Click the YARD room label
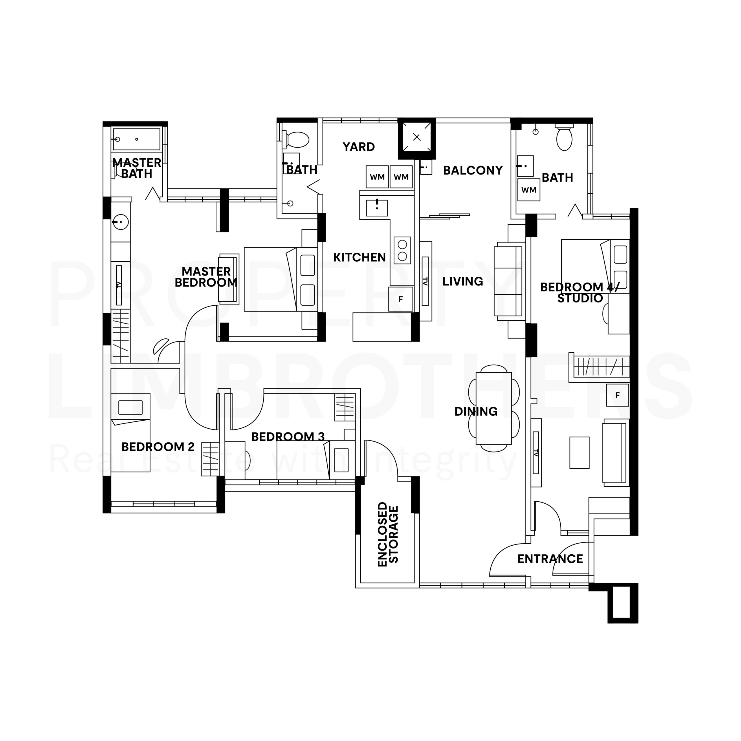click(x=359, y=147)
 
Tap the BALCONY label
click(x=473, y=170)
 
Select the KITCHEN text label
click(x=360, y=257)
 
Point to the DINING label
click(x=476, y=412)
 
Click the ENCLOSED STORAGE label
click(x=388, y=534)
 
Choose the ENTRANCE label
click(x=550, y=559)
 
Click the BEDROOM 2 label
click(x=158, y=447)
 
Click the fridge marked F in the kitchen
click(x=401, y=299)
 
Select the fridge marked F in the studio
click(x=617, y=395)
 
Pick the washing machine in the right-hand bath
click(x=529, y=190)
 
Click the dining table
click(x=494, y=408)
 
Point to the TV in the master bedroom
click(x=119, y=285)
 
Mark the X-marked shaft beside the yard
click(x=417, y=137)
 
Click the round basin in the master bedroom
click(x=121, y=222)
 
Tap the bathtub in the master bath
click(x=136, y=139)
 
